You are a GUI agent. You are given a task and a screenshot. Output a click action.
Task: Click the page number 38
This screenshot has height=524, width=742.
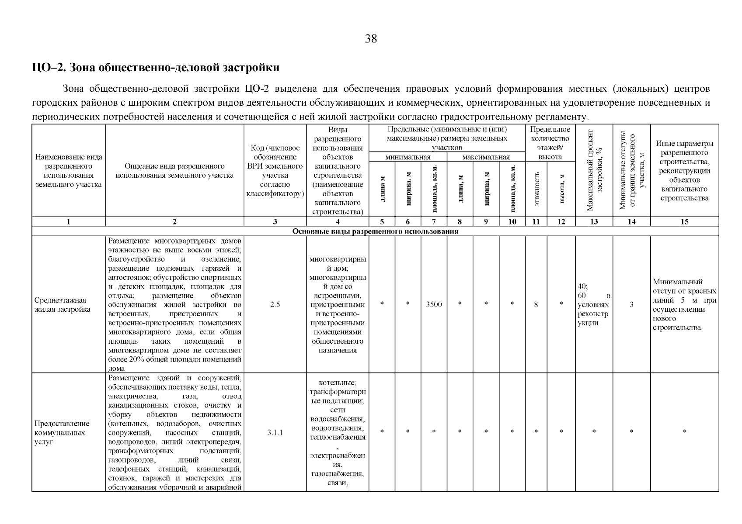[371, 39]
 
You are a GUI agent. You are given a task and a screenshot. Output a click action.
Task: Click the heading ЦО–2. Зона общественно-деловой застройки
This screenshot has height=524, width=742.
[156, 68]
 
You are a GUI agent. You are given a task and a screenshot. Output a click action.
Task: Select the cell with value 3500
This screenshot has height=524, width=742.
[434, 305]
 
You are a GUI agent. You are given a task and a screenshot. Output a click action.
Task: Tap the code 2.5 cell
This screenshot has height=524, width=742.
[275, 305]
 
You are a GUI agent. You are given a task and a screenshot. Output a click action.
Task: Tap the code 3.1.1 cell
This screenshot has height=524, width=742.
[275, 433]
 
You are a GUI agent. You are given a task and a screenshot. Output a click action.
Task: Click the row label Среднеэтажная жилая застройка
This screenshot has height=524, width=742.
[63, 305]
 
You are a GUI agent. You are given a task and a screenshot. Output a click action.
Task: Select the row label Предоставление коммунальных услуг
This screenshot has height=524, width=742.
[62, 433]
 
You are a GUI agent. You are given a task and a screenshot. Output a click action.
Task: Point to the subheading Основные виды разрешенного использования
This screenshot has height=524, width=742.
[375, 231]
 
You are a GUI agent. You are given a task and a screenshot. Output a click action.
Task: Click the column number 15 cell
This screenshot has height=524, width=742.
[685, 222]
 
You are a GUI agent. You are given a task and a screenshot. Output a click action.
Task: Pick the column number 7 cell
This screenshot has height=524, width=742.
[434, 222]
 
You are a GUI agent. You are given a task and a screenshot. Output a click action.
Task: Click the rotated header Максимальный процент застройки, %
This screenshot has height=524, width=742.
[594, 170]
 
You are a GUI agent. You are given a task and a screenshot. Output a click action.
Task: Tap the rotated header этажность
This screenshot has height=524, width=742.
[537, 189]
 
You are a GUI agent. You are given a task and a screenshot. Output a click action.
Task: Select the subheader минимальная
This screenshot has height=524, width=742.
[408, 157]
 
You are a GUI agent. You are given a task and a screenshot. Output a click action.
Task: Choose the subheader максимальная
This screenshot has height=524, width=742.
[486, 157]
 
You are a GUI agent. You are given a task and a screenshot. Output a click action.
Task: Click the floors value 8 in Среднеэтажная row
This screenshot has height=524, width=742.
[536, 305]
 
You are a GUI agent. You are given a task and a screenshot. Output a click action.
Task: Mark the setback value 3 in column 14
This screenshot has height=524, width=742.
[631, 305]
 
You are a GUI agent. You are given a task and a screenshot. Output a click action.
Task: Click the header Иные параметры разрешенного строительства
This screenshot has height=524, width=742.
[685, 170]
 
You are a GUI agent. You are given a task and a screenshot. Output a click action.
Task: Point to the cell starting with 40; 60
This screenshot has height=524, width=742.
[593, 305]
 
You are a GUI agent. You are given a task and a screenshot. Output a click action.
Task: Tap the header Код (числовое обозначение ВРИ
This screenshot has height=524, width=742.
[275, 171]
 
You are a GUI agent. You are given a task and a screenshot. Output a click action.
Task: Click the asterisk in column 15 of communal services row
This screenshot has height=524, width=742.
[685, 432]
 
